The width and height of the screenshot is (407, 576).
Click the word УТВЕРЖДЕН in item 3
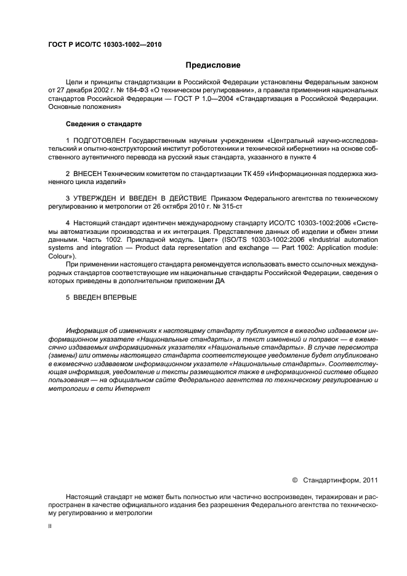(99, 198)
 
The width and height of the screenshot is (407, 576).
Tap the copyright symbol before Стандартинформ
(294, 479)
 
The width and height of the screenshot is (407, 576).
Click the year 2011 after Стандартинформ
(367, 479)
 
